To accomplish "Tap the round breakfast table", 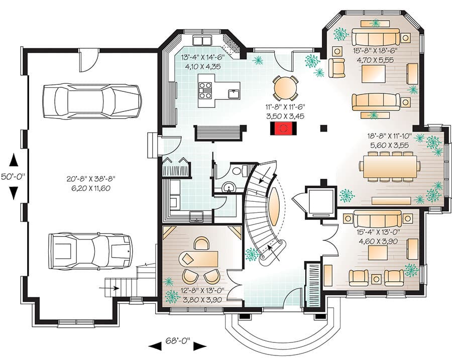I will click(x=284, y=88).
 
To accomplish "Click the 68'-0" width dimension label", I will click(x=178, y=342).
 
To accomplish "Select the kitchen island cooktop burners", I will click(x=206, y=90).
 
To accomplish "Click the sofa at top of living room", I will click(x=376, y=37).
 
